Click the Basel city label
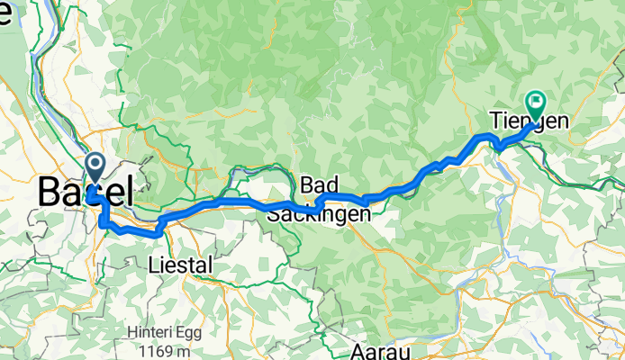tap(86, 192)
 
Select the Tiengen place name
tap(530, 121)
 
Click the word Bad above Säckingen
tap(319, 184)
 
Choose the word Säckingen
tap(318, 214)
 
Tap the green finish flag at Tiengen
tap(537, 103)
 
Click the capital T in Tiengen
tap(496, 121)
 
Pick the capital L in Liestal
tap(152, 265)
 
